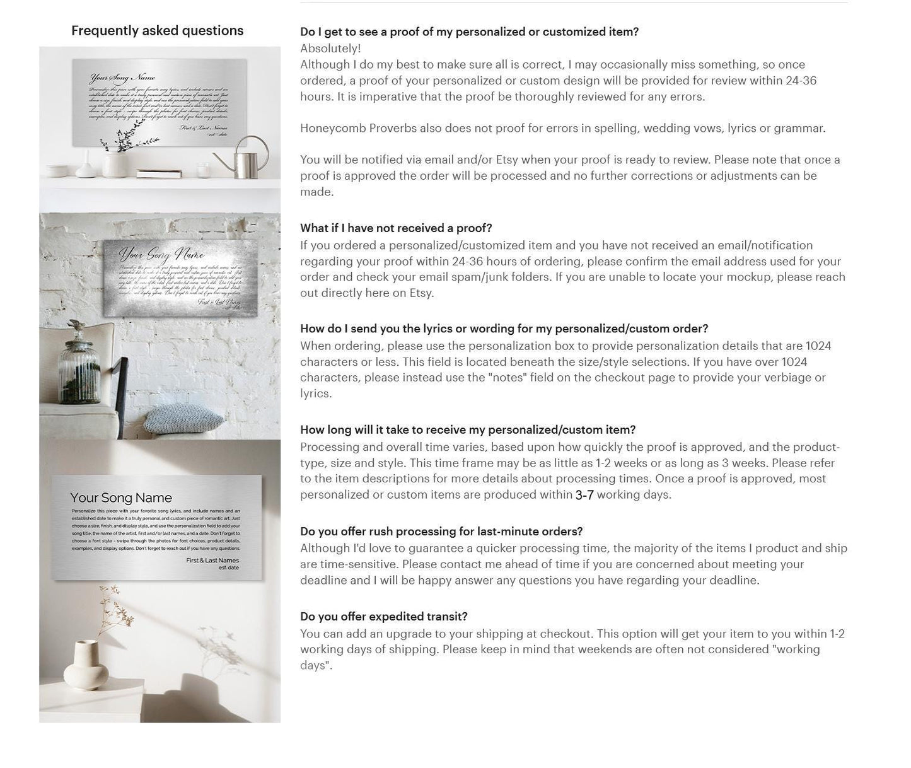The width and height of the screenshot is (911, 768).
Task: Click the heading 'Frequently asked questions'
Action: coord(157,31)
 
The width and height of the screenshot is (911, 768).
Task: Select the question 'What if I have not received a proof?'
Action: coord(396,228)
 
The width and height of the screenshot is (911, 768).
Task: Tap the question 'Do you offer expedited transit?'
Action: coord(383,617)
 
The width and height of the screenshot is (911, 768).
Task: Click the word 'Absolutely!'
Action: coord(330,49)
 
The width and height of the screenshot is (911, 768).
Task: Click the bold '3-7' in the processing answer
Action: coord(584,495)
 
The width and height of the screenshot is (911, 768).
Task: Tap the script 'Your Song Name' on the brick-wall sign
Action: coord(162,255)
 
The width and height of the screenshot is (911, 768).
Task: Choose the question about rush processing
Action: coord(441,532)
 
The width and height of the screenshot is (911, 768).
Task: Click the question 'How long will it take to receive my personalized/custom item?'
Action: coord(468,430)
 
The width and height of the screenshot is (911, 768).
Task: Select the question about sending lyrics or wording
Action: coord(504,329)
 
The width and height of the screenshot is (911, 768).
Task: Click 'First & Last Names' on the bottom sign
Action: coord(212,560)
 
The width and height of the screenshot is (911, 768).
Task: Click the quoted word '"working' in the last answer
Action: coord(798,649)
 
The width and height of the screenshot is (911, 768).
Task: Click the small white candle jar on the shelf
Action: coord(202,170)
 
